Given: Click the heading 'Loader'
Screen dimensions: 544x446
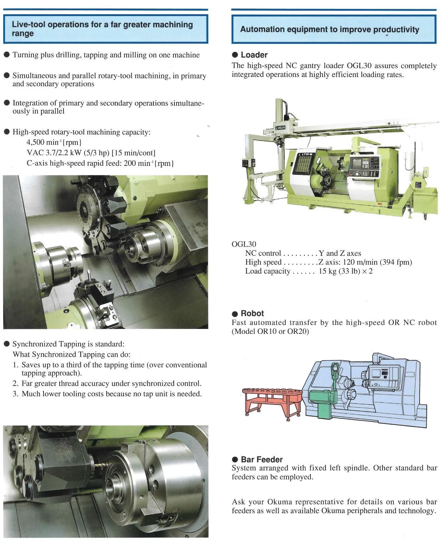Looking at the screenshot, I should [254, 55].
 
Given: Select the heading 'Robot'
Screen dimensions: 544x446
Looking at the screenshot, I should [252, 314].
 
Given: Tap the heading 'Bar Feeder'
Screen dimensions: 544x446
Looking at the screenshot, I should [261, 459].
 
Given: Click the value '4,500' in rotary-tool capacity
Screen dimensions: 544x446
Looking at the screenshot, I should [36, 142].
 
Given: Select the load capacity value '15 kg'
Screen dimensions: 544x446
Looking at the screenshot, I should [327, 271].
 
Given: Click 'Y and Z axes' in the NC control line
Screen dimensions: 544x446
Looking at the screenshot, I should [340, 253].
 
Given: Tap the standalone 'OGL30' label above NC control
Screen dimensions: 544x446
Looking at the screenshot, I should [244, 244].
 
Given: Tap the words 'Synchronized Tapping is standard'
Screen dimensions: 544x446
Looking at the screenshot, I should [68, 344].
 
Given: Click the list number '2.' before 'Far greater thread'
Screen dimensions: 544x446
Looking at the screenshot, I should [16, 383].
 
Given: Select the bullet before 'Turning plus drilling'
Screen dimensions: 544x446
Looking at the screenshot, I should [7, 55].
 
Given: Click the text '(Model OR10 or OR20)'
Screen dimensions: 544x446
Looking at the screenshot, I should [270, 331].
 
